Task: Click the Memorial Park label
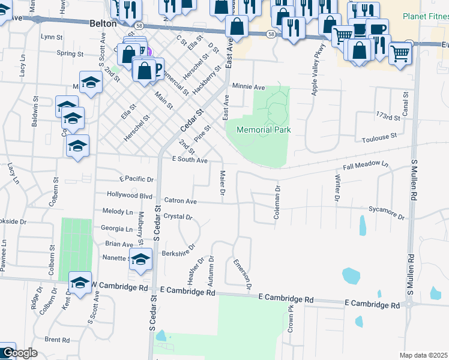[x=264, y=130]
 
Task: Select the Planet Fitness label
[x=425, y=16]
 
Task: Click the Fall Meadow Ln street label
[x=366, y=166]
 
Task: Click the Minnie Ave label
[x=249, y=87]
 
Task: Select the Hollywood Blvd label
[x=129, y=195]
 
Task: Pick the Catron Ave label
[x=180, y=201]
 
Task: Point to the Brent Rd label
[x=57, y=340]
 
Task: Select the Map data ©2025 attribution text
[x=423, y=355]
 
